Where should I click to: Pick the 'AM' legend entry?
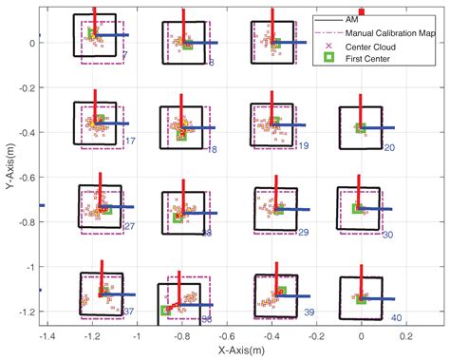(x=352, y=19)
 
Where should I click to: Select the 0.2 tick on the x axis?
(x=405, y=336)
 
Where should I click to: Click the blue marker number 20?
(x=389, y=147)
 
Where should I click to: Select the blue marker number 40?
(x=397, y=317)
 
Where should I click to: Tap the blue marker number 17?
(x=131, y=142)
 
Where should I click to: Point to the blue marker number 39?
(x=309, y=312)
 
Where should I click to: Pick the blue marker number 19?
(x=303, y=145)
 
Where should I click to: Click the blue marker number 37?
(x=128, y=312)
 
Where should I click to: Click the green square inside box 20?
(x=361, y=126)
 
